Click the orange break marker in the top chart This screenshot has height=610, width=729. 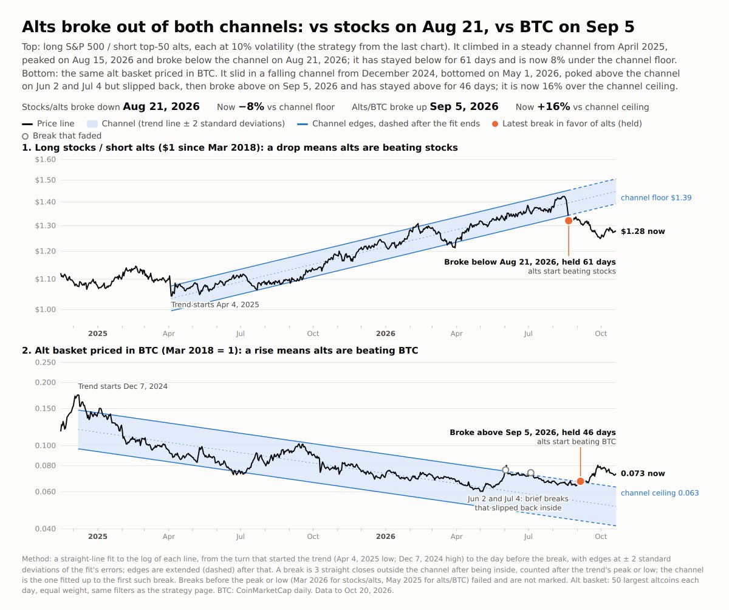tap(569, 221)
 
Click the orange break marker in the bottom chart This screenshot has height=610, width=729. tap(580, 481)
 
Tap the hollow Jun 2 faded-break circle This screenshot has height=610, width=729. tap(505, 470)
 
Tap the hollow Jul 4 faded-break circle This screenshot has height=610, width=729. tap(531, 473)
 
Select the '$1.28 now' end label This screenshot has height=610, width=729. tap(643, 231)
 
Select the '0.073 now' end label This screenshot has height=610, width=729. tap(643, 473)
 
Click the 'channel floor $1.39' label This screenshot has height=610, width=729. tap(656, 197)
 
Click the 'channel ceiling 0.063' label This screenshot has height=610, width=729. tap(660, 493)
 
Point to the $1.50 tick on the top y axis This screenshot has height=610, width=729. tap(46, 180)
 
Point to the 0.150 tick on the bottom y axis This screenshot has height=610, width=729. tap(46, 408)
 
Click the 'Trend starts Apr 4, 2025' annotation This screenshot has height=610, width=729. tap(215, 304)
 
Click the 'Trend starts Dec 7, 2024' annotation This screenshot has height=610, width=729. tap(123, 386)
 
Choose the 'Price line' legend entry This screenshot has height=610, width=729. tap(48, 123)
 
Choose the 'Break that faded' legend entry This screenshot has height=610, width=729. tap(62, 136)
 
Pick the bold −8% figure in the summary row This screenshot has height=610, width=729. tap(252, 106)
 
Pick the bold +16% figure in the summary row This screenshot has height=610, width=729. tap(553, 106)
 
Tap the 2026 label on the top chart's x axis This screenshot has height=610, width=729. tap(385, 334)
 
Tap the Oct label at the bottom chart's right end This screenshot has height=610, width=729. tap(601, 536)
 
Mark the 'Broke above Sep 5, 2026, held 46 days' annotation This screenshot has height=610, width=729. tap(533, 432)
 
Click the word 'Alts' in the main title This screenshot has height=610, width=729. tap(39, 27)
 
